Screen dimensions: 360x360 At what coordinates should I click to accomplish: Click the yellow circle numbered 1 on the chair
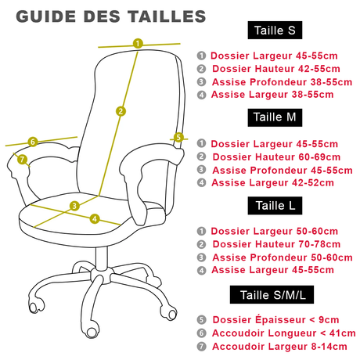click(x=138, y=43)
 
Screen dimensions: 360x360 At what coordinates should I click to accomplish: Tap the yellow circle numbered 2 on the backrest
click(x=121, y=111)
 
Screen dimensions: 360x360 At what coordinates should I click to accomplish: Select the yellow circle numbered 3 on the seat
click(x=74, y=206)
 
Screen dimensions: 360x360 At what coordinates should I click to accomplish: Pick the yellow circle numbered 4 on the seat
click(x=95, y=218)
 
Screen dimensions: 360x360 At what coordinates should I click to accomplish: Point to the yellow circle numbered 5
click(x=178, y=137)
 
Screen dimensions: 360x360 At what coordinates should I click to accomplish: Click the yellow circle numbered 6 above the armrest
click(x=33, y=142)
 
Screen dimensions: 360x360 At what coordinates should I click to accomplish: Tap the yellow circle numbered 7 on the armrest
click(x=22, y=159)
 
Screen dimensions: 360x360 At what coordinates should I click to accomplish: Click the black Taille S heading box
click(x=275, y=31)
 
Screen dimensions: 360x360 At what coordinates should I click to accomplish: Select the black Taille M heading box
click(x=275, y=117)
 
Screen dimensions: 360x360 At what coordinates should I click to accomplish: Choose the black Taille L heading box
click(x=275, y=206)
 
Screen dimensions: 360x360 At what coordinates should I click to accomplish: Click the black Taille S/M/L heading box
click(x=272, y=294)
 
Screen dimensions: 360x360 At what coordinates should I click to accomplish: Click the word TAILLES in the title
click(x=167, y=16)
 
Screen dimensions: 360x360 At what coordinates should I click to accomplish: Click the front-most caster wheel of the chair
click(x=92, y=332)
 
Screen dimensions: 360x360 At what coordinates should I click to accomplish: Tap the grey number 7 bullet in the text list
click(x=201, y=347)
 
